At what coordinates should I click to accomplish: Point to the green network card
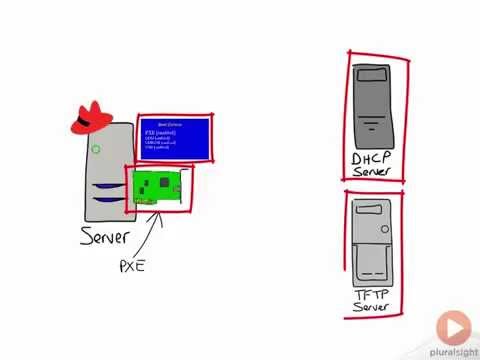click(157, 187)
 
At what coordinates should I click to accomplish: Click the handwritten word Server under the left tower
click(105, 238)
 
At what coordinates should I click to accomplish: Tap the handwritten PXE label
click(133, 266)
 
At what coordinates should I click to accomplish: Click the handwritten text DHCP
click(373, 159)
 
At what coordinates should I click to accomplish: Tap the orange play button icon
click(453, 326)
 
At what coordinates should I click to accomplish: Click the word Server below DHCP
click(373, 173)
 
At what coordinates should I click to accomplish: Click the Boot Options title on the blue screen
click(175, 123)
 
